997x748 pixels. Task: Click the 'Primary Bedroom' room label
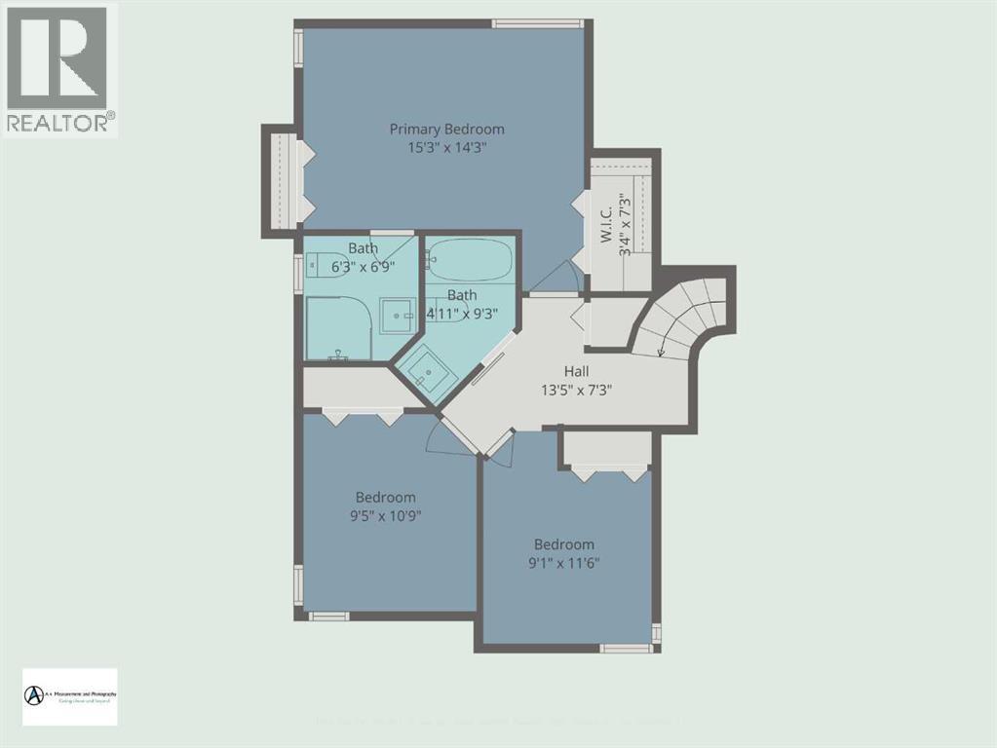[x=446, y=129]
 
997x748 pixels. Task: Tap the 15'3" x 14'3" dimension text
[x=446, y=147]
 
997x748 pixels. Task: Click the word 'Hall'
[x=575, y=371]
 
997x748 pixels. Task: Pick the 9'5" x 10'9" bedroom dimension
[x=385, y=515]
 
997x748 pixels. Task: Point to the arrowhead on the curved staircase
[x=663, y=353]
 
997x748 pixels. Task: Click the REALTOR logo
[x=59, y=68]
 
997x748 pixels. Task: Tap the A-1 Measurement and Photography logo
[x=69, y=695]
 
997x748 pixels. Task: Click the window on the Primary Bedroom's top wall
[x=538, y=23]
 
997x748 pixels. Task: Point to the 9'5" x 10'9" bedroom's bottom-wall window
[x=329, y=616]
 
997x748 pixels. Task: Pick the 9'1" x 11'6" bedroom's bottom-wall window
[x=626, y=648]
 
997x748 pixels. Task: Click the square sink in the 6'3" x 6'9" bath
[x=396, y=313]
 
